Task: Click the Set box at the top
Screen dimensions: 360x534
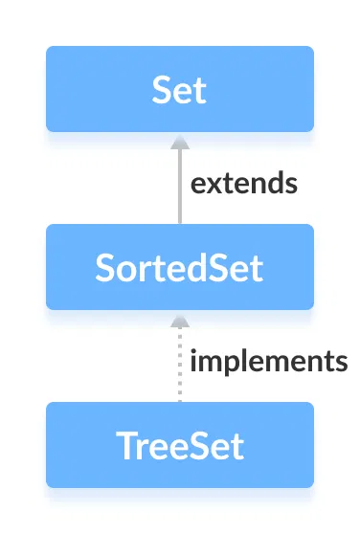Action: point(180,89)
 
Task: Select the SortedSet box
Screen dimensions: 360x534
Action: point(180,267)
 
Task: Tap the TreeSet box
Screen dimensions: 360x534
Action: point(180,445)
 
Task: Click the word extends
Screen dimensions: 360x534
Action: point(244,183)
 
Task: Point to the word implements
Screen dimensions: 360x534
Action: point(268,362)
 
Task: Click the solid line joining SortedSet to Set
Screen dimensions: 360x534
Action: point(179,187)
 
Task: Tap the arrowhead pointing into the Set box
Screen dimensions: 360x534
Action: point(179,140)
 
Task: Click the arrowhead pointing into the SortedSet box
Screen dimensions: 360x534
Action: point(179,318)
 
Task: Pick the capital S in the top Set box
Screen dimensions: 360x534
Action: point(161,90)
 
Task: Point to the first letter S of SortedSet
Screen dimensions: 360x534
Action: point(105,268)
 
